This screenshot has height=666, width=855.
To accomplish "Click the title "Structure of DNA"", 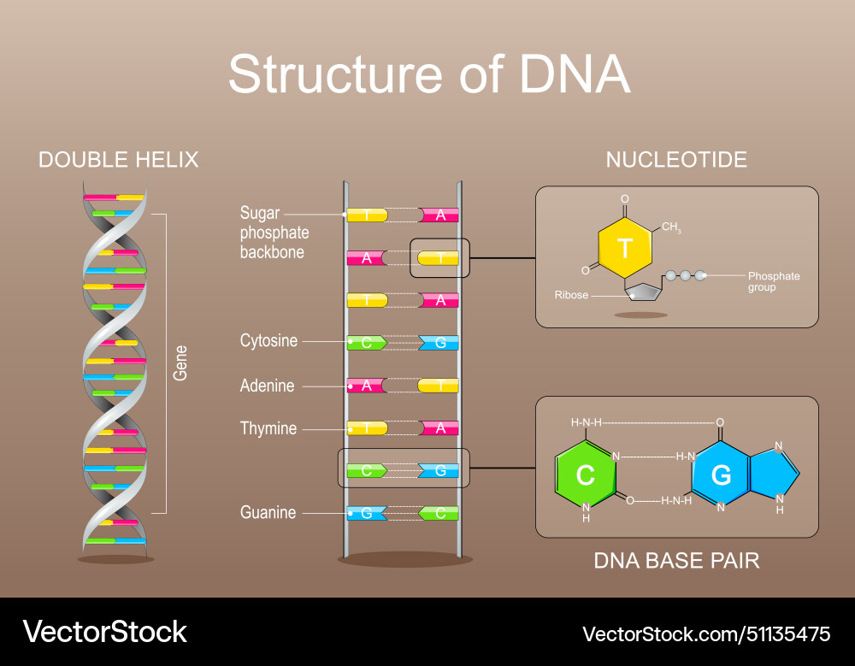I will [x=428, y=75].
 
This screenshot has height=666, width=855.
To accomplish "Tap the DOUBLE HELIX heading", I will [x=118, y=160].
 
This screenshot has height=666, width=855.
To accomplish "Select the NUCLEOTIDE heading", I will [x=676, y=160].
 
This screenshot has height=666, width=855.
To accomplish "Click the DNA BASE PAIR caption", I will [x=676, y=561].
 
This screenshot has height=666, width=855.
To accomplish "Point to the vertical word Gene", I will [x=180, y=362].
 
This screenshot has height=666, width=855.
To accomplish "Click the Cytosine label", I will [x=268, y=341].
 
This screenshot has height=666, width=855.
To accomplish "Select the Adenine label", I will [x=267, y=386].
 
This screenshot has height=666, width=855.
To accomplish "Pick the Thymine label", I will [x=268, y=428].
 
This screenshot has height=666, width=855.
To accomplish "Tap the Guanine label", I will [x=268, y=513].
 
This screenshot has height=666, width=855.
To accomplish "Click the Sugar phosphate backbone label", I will [x=274, y=233].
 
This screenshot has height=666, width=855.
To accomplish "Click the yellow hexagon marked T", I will [x=625, y=249].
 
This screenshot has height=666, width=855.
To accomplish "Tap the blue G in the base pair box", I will [x=721, y=474].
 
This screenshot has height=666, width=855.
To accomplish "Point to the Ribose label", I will [x=571, y=295].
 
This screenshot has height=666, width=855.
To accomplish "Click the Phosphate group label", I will [x=773, y=281].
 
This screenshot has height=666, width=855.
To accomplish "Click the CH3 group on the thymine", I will [x=671, y=228].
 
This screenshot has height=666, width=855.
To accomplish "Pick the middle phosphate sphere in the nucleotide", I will [x=686, y=276].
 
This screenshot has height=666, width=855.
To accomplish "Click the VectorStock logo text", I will [x=104, y=632].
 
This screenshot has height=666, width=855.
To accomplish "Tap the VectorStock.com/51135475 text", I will [x=705, y=634].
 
